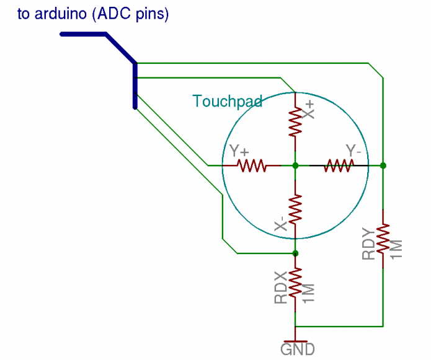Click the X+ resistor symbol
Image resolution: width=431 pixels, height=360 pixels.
(295, 122)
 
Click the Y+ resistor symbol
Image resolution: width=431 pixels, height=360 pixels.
(252, 165)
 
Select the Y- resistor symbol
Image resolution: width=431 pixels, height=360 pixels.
(339, 165)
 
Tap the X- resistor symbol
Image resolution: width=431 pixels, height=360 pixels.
(295, 209)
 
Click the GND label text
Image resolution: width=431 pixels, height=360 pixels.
(297, 350)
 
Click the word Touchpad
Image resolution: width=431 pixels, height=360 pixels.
(227, 101)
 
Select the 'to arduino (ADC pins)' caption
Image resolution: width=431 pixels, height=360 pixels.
(93, 14)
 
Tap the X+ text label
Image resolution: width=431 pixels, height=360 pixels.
(308, 110)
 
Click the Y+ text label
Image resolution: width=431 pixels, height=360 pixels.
(239, 152)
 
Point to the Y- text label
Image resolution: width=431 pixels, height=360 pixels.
(354, 151)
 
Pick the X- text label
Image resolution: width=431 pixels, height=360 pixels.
(280, 224)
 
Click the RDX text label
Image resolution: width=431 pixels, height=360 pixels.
(280, 289)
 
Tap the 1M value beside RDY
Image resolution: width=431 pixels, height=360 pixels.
(397, 248)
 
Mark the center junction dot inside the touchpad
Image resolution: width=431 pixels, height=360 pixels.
(295, 165)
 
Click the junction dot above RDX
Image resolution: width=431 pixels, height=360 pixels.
(295, 253)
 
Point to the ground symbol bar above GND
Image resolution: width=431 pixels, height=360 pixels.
(295, 340)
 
